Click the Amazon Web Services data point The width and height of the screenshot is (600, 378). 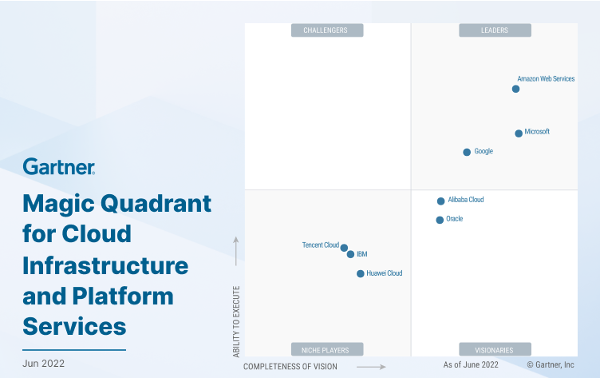[515, 89]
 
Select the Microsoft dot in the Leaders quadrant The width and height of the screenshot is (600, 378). [519, 133]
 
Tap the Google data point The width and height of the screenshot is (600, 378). [467, 152]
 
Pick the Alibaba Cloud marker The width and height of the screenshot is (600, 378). [440, 201]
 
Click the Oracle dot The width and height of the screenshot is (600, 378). [440, 220]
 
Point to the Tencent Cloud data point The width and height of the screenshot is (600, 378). [344, 248]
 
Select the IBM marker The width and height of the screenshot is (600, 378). [350, 254]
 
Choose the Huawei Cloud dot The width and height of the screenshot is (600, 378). [360, 273]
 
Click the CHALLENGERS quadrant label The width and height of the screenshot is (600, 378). [326, 30]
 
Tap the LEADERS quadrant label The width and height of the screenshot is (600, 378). [495, 30]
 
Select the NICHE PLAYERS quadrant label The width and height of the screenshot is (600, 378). [326, 349]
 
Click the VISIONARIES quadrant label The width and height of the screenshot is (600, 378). [495, 349]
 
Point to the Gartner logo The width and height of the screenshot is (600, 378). [59, 167]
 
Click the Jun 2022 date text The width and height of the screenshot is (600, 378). [44, 364]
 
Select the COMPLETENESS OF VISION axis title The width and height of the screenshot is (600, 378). [290, 367]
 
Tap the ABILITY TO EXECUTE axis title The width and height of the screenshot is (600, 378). [235, 321]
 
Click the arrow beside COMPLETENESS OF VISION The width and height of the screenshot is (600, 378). [371, 367]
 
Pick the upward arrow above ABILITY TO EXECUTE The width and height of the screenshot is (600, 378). [235, 250]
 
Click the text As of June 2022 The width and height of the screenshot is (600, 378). [471, 364]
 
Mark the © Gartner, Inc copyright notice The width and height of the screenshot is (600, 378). [550, 364]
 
